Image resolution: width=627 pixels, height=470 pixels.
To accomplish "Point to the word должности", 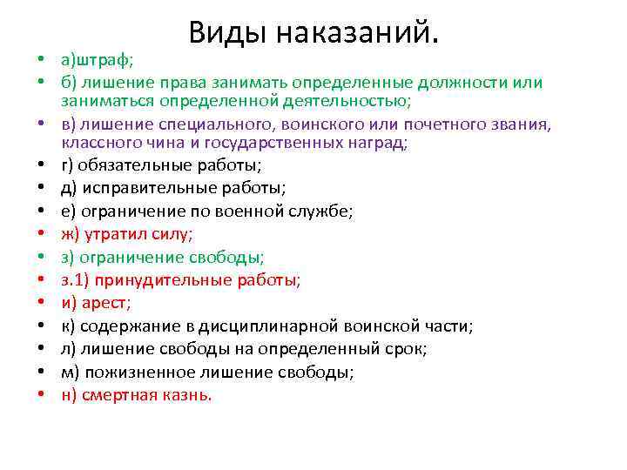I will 463,83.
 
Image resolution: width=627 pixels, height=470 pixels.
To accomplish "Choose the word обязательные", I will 122,165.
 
